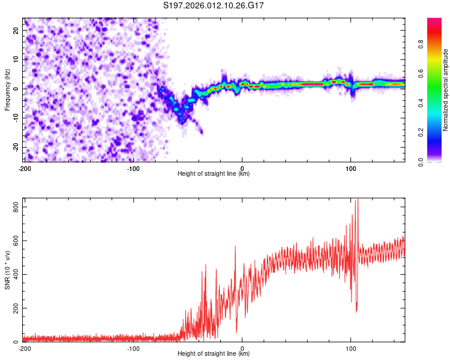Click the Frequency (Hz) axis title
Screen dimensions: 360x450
coord(7,89)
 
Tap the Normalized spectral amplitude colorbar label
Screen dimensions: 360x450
coord(446,89)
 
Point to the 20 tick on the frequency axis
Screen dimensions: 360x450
coord(16,29)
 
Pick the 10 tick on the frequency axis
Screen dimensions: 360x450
coord(16,59)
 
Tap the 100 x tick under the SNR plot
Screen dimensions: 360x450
coord(351,349)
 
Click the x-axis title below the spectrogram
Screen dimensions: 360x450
coord(214,174)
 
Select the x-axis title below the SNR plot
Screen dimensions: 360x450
coord(214,354)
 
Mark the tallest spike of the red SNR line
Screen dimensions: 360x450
coord(358,200)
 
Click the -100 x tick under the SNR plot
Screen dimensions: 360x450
coord(133,349)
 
